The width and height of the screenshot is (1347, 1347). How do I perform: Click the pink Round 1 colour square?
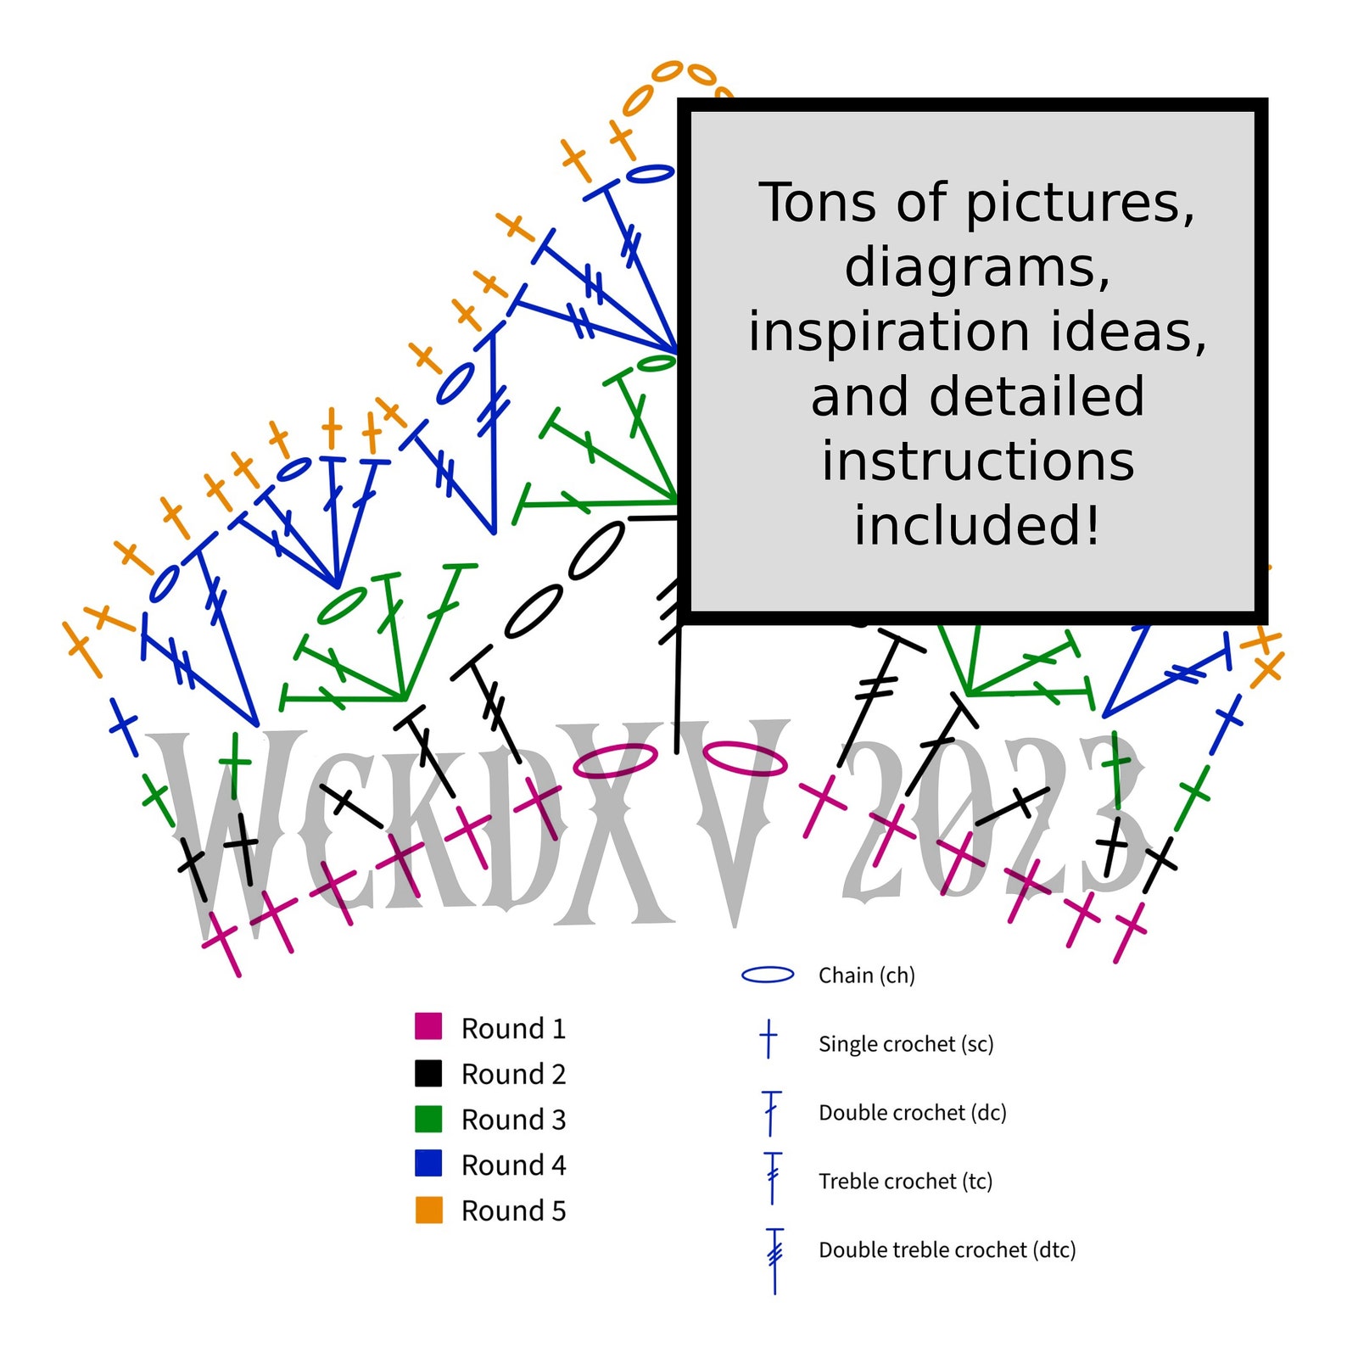[428, 1026]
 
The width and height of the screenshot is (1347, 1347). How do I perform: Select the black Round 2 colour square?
[428, 1072]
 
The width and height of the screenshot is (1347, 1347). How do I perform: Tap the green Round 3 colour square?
[428, 1118]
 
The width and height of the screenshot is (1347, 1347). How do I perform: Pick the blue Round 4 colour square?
[428, 1163]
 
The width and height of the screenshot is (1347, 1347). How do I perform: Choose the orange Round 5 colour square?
[428, 1210]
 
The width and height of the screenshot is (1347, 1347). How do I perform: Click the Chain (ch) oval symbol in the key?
[768, 975]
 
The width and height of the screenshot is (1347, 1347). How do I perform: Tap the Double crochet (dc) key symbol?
[771, 1112]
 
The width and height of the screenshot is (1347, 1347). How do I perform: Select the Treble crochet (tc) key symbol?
[772, 1178]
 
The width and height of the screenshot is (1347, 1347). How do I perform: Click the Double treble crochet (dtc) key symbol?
[774, 1260]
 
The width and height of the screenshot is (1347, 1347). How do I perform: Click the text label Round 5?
[513, 1210]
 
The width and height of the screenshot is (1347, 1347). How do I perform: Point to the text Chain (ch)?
[866, 975]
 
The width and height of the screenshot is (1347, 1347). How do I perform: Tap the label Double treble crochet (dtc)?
[947, 1249]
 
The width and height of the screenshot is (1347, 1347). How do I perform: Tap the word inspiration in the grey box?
[890, 333]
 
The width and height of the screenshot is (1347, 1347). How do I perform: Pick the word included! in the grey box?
[977, 524]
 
